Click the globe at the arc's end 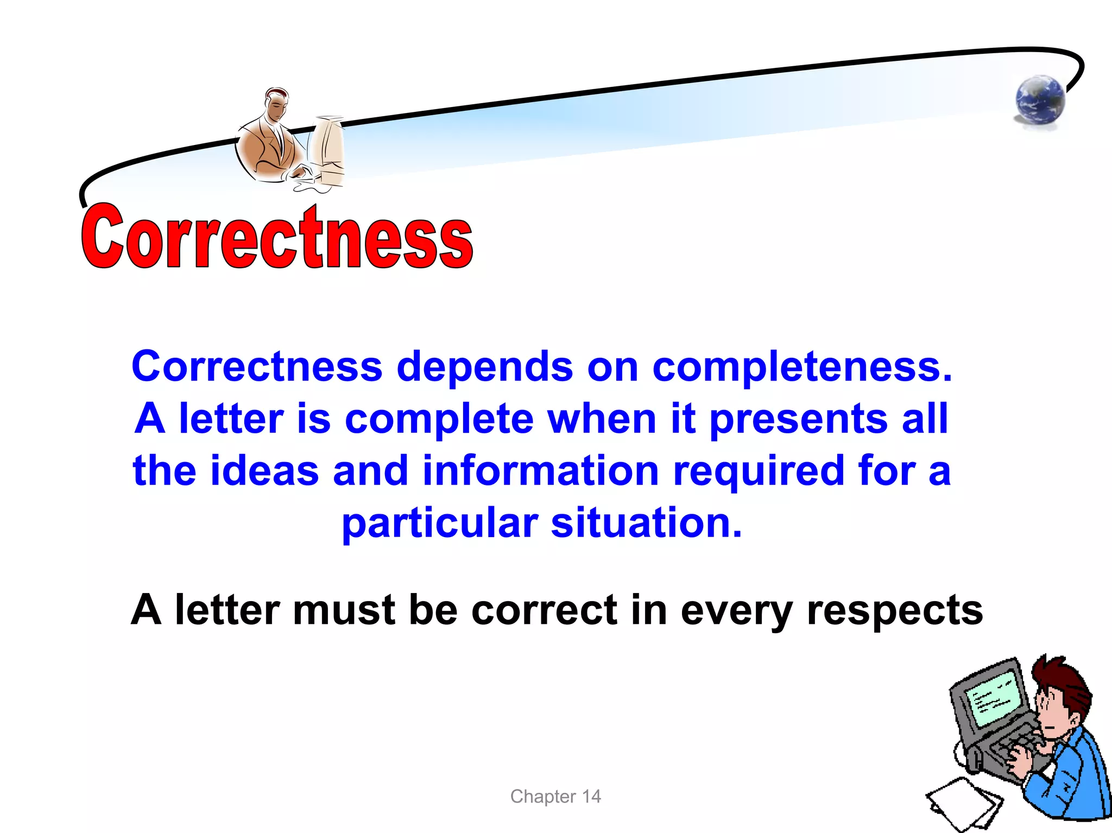click(1040, 101)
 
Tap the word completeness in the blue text click(802, 367)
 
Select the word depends click(484, 367)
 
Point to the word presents click(798, 419)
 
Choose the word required click(759, 471)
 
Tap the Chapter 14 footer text click(555, 796)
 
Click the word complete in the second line click(439, 419)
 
